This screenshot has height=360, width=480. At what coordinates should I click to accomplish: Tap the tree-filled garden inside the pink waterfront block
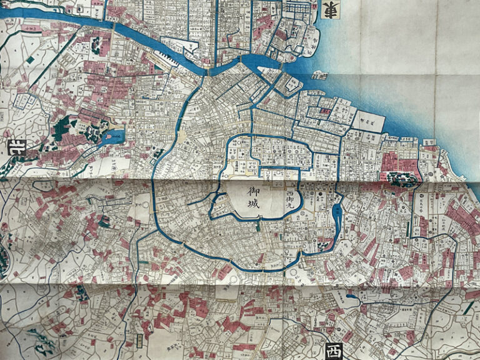[401, 178]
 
